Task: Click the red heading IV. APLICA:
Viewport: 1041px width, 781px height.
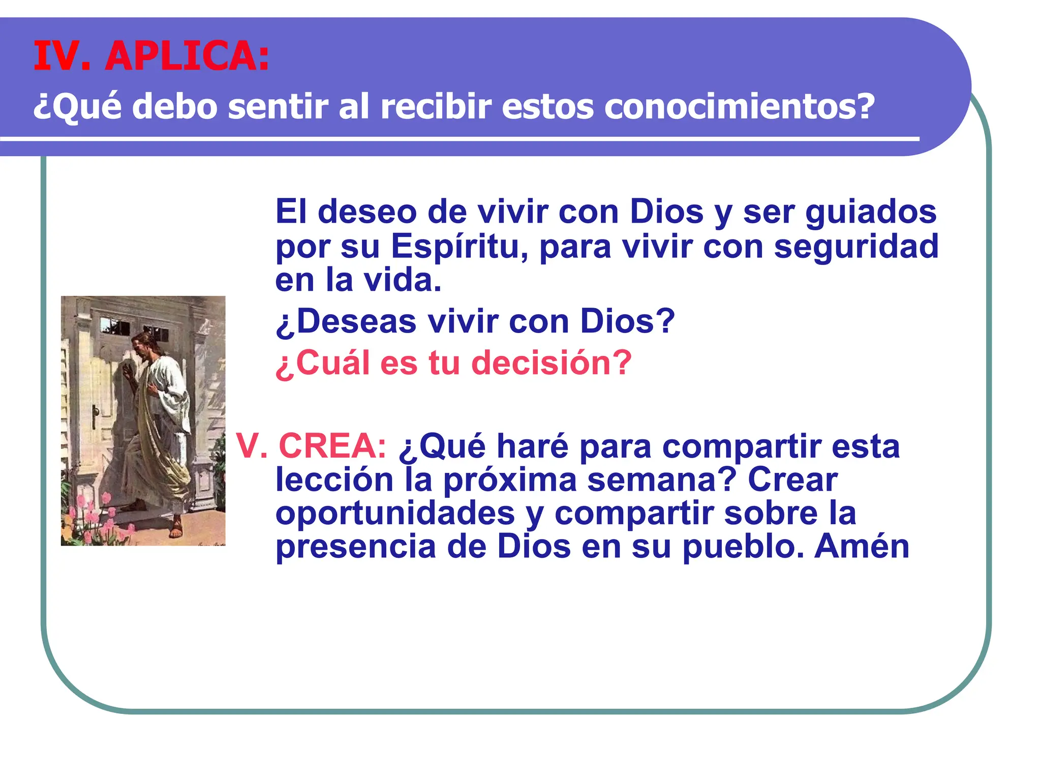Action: (151, 56)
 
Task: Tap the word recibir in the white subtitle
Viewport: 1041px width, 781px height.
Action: (436, 107)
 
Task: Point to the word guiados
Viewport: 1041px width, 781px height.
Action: (871, 212)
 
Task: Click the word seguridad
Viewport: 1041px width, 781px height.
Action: (856, 247)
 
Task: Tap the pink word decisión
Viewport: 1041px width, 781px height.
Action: (551, 364)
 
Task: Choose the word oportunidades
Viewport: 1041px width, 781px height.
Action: (395, 514)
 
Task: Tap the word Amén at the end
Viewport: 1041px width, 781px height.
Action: (862, 547)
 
